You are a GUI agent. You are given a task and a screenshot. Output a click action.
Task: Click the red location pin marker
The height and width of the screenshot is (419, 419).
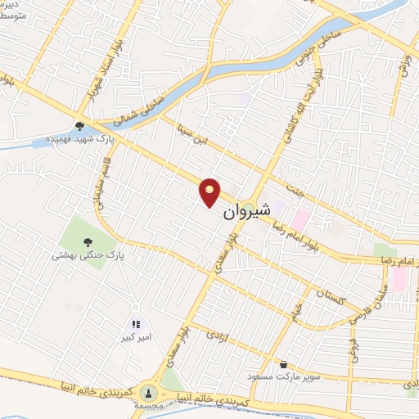pyautogui.click(x=210, y=191)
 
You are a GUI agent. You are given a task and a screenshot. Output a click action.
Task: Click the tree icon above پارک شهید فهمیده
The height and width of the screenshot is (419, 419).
pyautogui.click(x=79, y=126)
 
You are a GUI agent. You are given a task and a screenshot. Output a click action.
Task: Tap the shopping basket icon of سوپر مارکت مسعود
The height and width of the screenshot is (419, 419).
pyautogui.click(x=283, y=364)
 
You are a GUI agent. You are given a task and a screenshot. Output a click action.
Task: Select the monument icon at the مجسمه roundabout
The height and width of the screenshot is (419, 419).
pyautogui.click(x=149, y=393)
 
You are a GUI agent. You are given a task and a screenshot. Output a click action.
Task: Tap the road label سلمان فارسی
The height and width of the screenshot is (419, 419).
pyautogui.click(x=369, y=307)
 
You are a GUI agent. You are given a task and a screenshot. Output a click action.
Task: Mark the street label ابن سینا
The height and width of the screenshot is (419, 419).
pyautogui.click(x=196, y=134)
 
